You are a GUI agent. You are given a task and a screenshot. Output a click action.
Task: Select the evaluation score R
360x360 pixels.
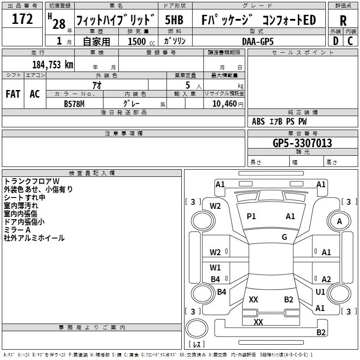click(x=343, y=20)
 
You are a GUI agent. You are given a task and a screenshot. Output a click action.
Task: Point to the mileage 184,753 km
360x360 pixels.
click(x=53, y=65)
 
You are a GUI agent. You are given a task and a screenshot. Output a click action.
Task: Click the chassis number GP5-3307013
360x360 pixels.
click(x=302, y=143)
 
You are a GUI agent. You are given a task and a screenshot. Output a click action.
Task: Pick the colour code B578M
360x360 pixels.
click(x=74, y=103)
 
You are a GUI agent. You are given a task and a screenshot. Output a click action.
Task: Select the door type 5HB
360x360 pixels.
click(x=174, y=20)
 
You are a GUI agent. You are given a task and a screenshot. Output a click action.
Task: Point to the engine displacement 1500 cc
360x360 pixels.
click(x=140, y=41)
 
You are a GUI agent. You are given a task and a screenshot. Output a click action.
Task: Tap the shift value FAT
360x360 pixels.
click(x=13, y=94)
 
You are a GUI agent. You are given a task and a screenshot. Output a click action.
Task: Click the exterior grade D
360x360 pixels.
click(x=335, y=41)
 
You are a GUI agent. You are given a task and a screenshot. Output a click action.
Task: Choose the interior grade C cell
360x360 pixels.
click(x=350, y=41)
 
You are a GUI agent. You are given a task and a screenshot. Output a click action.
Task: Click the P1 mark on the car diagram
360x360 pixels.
click(x=251, y=216)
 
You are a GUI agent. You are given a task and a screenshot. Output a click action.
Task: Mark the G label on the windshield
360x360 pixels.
click(x=284, y=237)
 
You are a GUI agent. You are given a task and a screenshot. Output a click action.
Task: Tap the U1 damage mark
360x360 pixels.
click(x=320, y=292)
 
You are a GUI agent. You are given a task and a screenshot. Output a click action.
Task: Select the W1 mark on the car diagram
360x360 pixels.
click(x=216, y=268)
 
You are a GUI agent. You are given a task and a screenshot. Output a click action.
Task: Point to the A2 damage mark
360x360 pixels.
click(x=326, y=279)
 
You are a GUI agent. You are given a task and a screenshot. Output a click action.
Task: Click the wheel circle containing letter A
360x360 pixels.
click(x=339, y=221)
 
